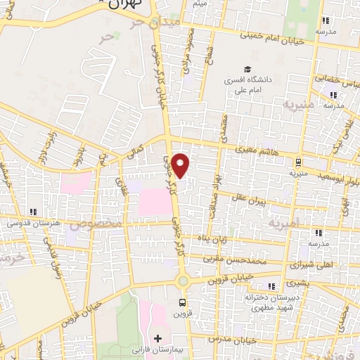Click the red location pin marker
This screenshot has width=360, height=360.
(181, 165)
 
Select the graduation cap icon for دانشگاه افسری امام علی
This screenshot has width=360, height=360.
(247, 69)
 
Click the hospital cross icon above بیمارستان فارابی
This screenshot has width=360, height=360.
(158, 338)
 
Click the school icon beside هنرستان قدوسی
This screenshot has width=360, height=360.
(33, 211)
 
